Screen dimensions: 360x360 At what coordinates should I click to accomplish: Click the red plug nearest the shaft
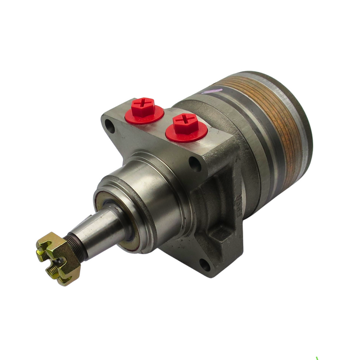click(x=144, y=111)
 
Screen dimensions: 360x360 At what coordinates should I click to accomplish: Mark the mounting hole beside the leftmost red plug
click(x=110, y=124)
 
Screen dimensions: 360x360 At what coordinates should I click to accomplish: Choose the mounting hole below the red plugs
click(x=194, y=164)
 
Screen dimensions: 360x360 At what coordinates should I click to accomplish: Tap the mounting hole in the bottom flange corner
click(x=204, y=265)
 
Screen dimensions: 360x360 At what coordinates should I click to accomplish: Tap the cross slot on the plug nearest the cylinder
click(x=185, y=122)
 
